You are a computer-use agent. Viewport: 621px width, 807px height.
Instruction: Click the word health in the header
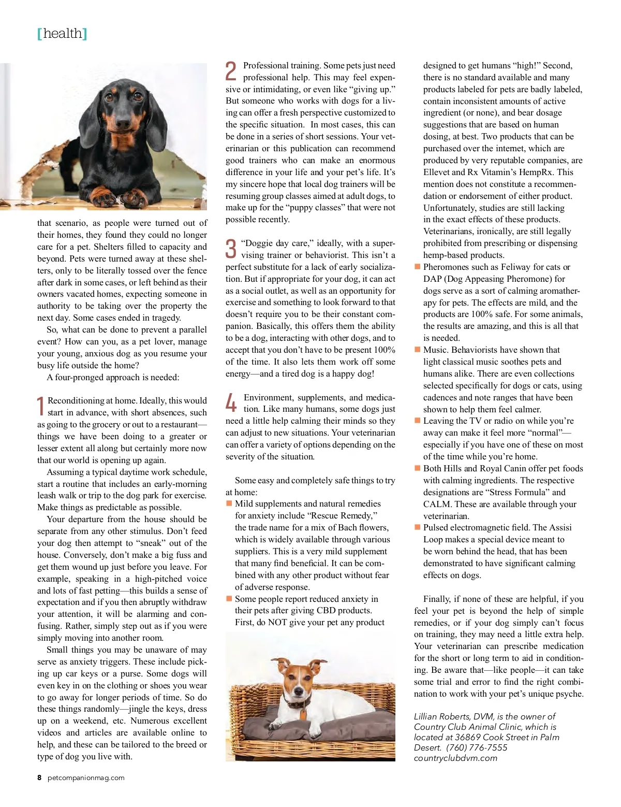[63, 34]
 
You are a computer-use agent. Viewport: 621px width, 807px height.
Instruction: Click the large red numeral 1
[41, 407]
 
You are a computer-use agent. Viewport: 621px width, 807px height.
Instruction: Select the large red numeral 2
[231, 71]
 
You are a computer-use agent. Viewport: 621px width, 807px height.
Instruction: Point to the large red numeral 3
[231, 249]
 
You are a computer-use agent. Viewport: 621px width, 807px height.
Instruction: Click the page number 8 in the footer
[39, 777]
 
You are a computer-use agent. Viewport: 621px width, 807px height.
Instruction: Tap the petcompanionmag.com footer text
[86, 777]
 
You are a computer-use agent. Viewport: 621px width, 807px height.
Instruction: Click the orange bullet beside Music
[417, 350]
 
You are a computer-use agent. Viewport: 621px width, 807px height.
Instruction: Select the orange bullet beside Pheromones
[417, 267]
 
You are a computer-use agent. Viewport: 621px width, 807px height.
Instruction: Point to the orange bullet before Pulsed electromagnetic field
[417, 527]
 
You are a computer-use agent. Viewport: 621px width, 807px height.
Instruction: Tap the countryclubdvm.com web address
[455, 758]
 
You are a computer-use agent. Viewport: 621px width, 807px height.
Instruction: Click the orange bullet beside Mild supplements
[229, 503]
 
